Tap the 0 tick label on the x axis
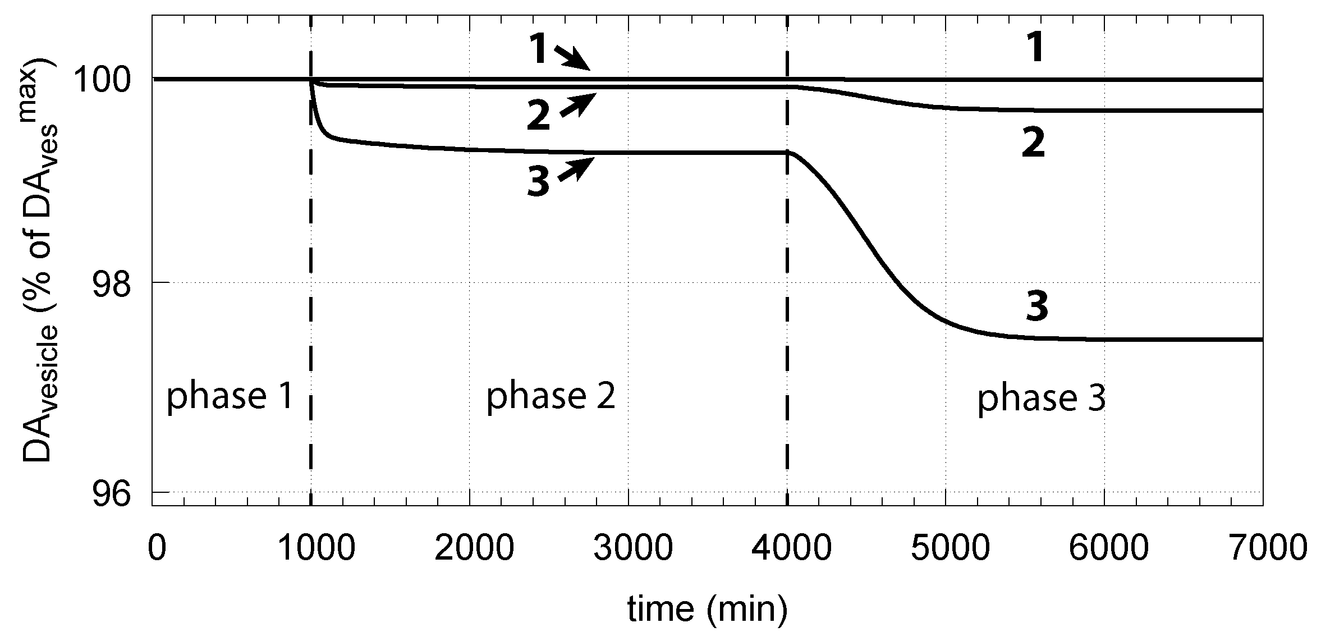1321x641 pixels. point(157,548)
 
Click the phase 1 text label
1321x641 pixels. point(230,397)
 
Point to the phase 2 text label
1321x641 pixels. point(551,397)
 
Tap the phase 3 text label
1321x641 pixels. point(1042,399)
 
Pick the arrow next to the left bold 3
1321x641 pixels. point(575,169)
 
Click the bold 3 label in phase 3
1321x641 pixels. point(1036,308)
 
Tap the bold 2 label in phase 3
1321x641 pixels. point(1033,145)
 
